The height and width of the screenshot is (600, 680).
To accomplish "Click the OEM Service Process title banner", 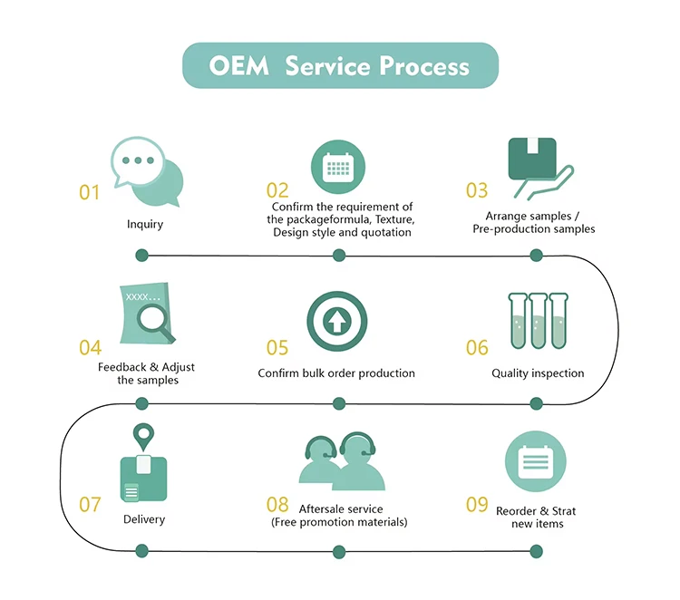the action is (340, 65).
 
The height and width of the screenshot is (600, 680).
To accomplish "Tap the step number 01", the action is (90, 192).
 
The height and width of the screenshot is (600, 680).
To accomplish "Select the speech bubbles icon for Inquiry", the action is (147, 171).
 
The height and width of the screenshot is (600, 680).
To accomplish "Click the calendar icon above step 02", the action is (338, 167).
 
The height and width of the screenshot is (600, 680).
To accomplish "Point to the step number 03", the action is (477, 190).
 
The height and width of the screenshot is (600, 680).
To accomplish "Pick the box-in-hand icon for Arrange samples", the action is (540, 169).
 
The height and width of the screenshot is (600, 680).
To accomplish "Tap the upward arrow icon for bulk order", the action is (337, 321).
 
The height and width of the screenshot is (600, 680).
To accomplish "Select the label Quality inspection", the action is (538, 373).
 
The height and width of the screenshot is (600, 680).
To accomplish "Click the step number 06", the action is (477, 348).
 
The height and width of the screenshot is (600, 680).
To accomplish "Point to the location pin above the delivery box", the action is (143, 437).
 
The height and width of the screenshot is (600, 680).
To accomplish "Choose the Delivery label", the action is (144, 519).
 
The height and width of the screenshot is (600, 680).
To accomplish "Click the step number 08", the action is (277, 505).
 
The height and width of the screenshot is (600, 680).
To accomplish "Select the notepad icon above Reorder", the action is (536, 461).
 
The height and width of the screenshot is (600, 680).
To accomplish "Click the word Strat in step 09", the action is (564, 511).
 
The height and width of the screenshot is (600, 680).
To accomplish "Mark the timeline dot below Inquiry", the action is (141, 256).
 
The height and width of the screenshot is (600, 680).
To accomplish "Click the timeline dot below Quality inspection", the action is (537, 403).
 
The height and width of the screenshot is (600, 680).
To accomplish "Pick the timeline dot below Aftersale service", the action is (339, 552).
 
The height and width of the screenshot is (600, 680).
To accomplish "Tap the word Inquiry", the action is (145, 225).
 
